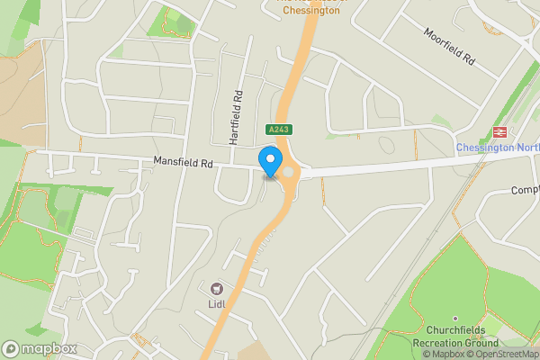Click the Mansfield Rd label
click(182, 164)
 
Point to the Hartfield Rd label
click(237, 118)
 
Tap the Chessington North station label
click(497, 148)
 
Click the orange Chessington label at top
click(310, 13)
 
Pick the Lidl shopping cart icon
click(216, 289)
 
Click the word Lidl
click(216, 304)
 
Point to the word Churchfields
click(455, 331)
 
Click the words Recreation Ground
click(455, 344)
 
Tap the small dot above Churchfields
click(455, 319)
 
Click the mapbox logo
click(40, 348)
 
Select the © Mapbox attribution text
click(439, 354)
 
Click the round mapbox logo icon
click(11, 348)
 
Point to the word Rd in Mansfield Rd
click(205, 164)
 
